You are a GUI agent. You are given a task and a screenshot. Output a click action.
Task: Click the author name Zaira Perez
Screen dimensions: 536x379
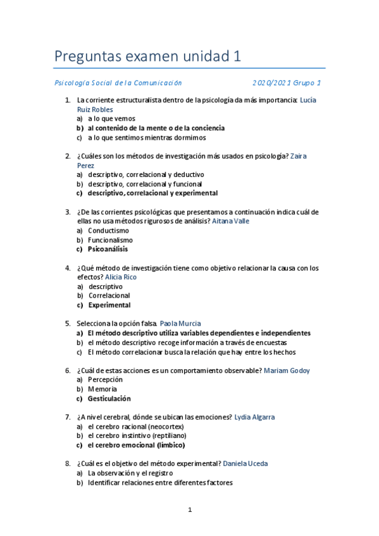point(299,155)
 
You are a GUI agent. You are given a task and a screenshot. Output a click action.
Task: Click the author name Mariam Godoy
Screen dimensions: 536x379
point(287,370)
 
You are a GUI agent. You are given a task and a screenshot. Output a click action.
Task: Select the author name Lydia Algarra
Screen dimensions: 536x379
point(254,417)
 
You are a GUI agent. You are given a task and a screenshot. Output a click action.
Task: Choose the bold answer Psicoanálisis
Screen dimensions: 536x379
point(108,249)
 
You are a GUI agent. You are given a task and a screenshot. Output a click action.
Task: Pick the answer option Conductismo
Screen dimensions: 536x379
point(108,231)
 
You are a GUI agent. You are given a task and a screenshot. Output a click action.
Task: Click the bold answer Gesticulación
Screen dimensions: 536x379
point(109,398)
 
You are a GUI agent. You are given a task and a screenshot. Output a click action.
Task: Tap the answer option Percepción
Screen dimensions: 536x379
point(105,379)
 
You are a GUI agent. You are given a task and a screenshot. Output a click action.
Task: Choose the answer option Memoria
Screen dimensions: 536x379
point(102,389)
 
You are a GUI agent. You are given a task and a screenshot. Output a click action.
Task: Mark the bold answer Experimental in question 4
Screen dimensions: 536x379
point(109,305)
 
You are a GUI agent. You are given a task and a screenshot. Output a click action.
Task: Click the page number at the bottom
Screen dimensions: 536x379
point(190,510)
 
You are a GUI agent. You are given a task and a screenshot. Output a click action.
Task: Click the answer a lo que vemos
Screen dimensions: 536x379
point(111,118)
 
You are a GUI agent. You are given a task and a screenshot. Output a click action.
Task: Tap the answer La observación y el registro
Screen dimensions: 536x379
point(130,473)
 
